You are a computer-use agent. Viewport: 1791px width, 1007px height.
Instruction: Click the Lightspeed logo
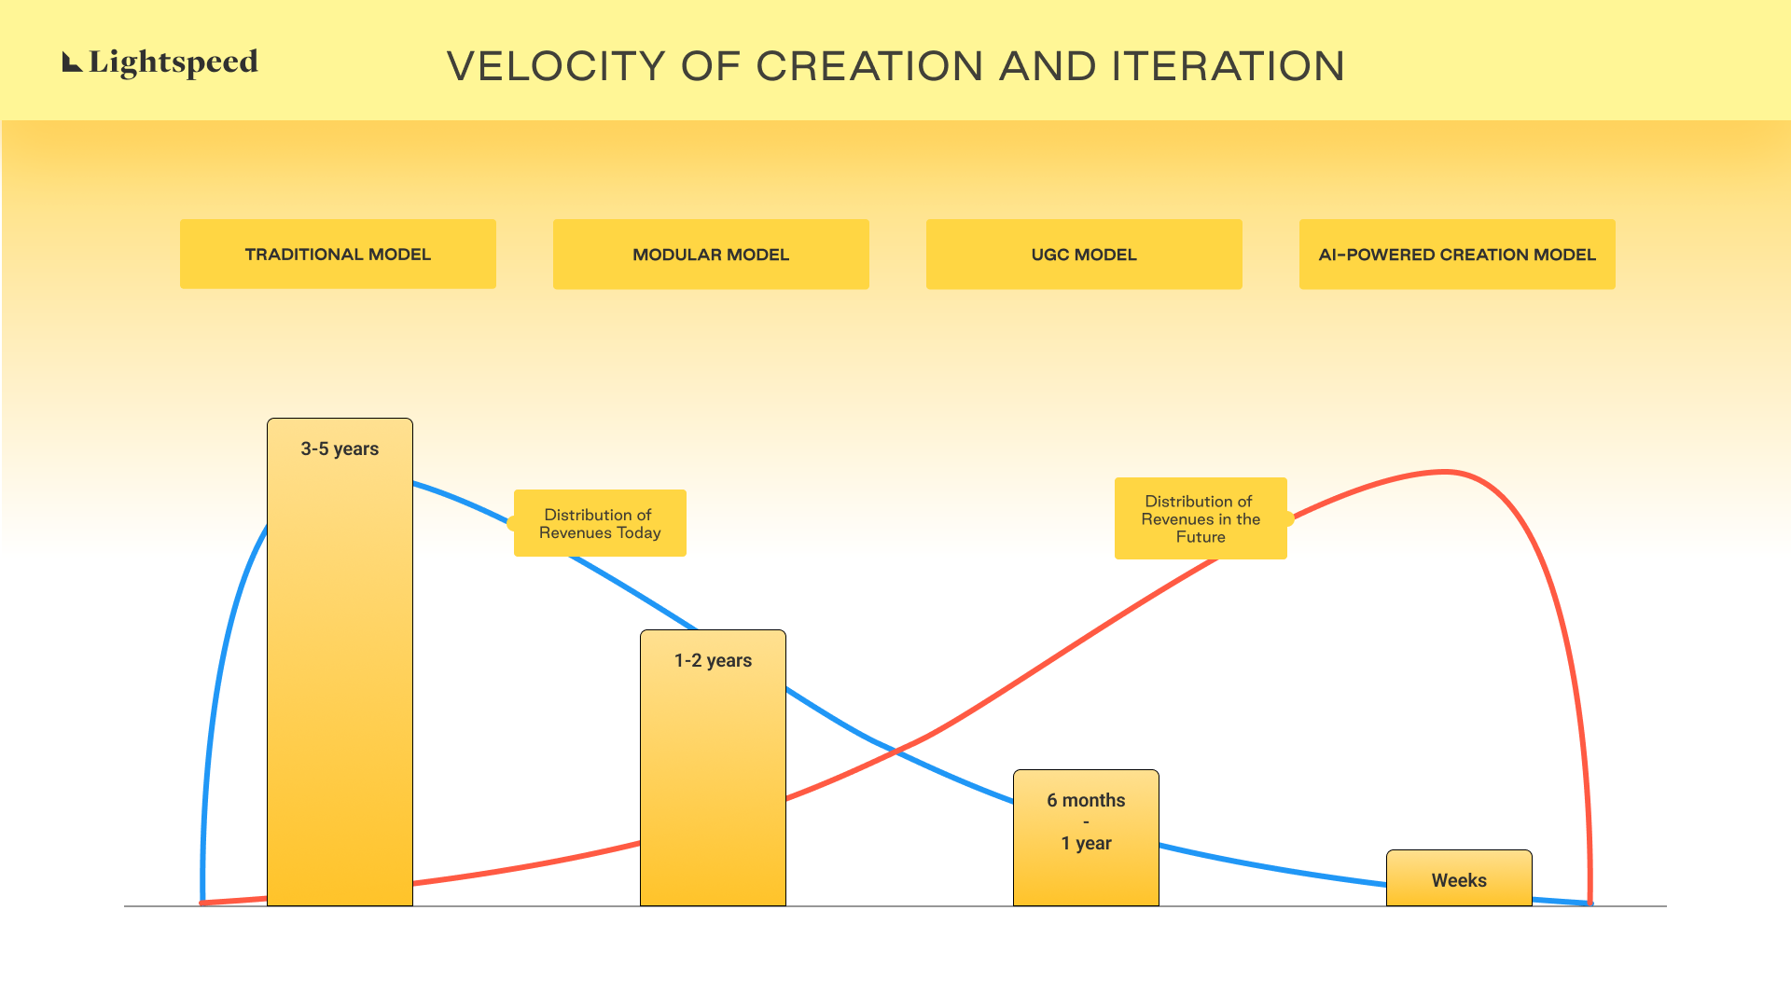160,62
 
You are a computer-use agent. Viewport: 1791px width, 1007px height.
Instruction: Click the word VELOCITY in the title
557,66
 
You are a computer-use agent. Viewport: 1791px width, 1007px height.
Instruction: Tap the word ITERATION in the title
1228,66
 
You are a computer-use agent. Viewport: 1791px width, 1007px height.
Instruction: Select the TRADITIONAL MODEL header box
338,254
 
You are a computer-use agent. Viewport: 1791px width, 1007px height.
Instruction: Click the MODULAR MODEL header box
711,254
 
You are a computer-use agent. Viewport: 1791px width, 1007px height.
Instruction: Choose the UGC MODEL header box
1084,254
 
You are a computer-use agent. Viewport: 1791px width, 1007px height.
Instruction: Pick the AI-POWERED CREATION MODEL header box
1457,254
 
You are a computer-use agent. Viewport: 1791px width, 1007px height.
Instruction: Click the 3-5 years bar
340,662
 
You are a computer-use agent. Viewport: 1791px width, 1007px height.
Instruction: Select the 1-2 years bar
713,767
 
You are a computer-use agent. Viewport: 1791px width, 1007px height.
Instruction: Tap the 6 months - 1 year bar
1086,837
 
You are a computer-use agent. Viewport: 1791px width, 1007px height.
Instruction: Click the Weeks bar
1459,877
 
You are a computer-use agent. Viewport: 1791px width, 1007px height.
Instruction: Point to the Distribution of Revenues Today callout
600,523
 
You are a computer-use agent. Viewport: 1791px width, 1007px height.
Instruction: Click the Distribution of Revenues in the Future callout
1201,518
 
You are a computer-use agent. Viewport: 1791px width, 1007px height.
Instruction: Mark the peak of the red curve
1444,473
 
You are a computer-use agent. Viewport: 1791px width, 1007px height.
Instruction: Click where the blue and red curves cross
895,752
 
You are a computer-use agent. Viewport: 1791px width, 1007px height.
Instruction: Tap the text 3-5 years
340,449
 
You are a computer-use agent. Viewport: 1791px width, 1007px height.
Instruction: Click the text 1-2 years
713,661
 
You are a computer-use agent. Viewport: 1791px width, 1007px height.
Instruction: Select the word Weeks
1459,880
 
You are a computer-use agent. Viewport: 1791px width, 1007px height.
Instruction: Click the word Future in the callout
1201,537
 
